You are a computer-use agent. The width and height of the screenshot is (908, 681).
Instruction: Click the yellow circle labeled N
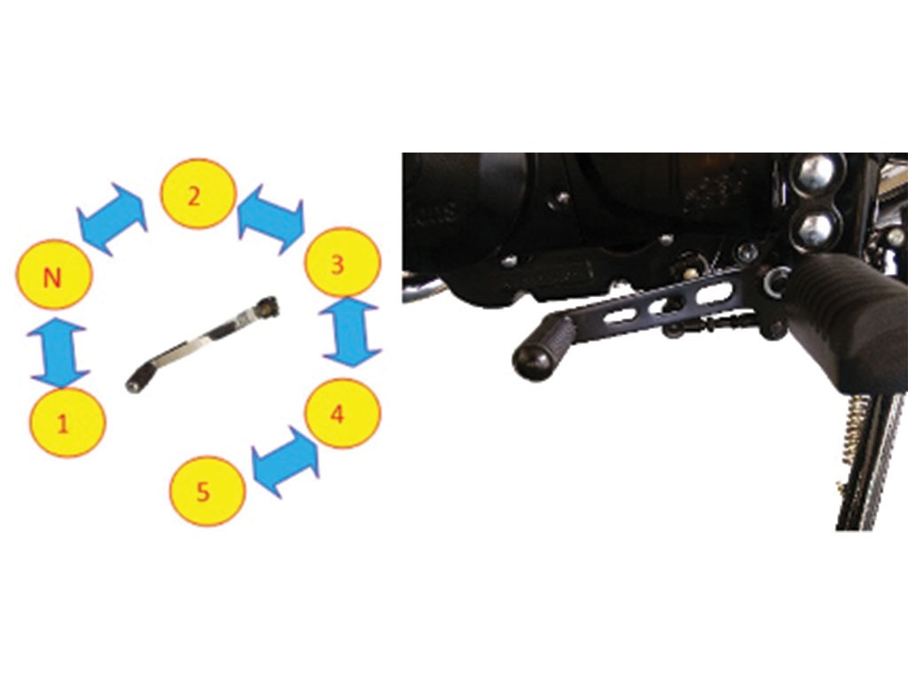pyautogui.click(x=53, y=275)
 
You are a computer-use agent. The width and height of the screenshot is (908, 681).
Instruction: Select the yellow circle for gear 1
pyautogui.click(x=67, y=422)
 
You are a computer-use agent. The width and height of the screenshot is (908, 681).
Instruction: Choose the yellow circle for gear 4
pyautogui.click(x=342, y=413)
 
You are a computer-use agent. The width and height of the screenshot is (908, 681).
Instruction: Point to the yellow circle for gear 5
pyautogui.click(x=207, y=491)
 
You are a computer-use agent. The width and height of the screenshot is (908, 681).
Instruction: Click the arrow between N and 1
pyautogui.click(x=59, y=351)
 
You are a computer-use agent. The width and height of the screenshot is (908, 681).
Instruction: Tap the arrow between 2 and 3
pyautogui.click(x=271, y=219)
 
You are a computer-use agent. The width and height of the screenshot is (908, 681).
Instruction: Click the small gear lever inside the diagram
pyautogui.click(x=202, y=344)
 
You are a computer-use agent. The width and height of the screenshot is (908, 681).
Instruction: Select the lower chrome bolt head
pyautogui.click(x=817, y=228)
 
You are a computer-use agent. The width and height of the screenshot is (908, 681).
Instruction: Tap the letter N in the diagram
pyautogui.click(x=52, y=278)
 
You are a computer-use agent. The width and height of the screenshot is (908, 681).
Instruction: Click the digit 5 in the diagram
pyautogui.click(x=203, y=493)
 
